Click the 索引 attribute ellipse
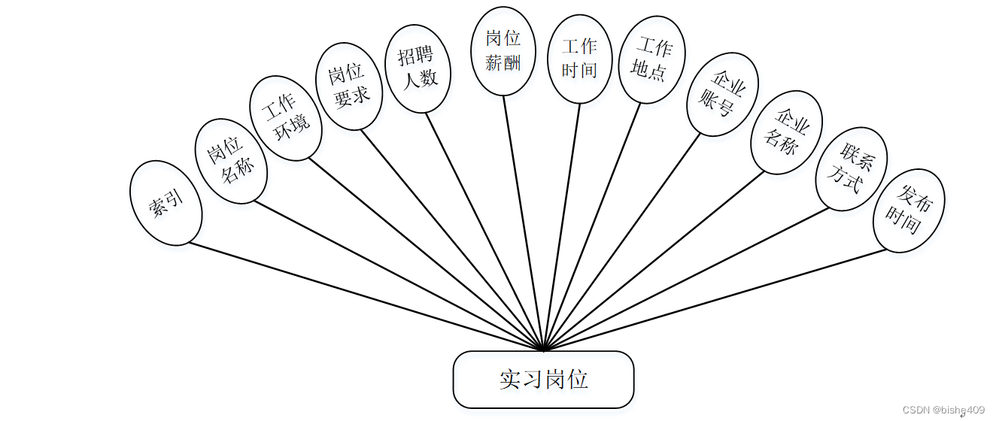pos(166,203)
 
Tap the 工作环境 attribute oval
pos(286,118)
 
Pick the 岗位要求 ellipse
pos(348,86)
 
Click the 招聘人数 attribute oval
pos(418,68)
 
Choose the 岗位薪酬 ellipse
pos(503,51)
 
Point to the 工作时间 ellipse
pos(579,59)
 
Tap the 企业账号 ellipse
pos(722,94)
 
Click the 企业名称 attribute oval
pos(786,132)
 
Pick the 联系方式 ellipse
pos(852,168)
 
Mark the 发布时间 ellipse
pos(909,210)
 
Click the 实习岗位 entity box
pos(543,380)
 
